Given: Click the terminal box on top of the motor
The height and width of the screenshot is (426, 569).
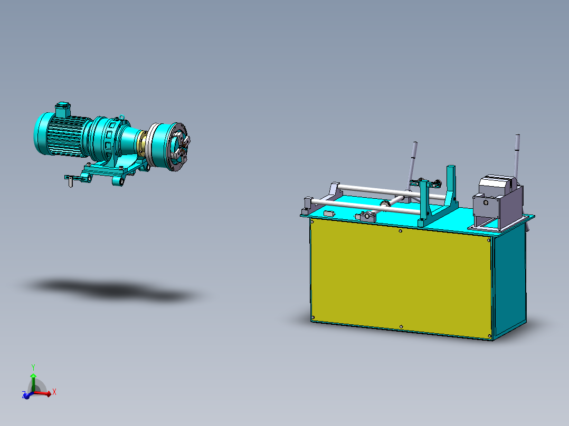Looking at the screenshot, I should pyautogui.click(x=63, y=108).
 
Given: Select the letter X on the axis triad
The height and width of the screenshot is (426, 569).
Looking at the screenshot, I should pyautogui.click(x=54, y=392).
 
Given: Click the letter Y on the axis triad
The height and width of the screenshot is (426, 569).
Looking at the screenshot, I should pyautogui.click(x=33, y=366).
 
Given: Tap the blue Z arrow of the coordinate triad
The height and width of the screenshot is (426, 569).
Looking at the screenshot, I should pyautogui.click(x=26, y=395).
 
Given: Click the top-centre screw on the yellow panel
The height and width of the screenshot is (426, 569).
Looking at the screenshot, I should pyautogui.click(x=401, y=231).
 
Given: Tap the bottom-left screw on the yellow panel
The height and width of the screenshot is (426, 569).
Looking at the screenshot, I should pyautogui.click(x=313, y=317).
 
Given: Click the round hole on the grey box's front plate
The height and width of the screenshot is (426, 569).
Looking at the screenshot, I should pyautogui.click(x=485, y=202).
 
